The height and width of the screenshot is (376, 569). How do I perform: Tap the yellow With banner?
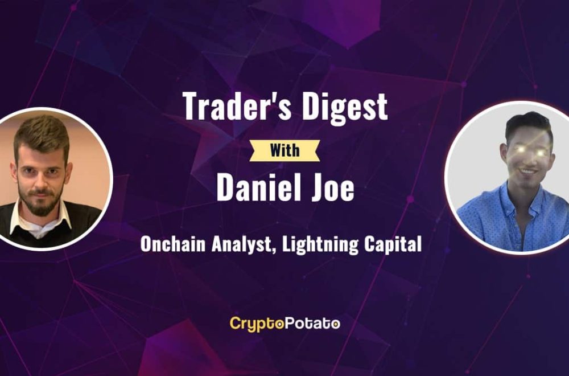click(x=285, y=150)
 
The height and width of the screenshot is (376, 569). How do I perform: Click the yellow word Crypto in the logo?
click(x=256, y=324)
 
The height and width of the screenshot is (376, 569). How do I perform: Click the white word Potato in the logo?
click(x=312, y=323)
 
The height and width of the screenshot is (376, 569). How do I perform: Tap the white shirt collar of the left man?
click(x=40, y=222)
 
